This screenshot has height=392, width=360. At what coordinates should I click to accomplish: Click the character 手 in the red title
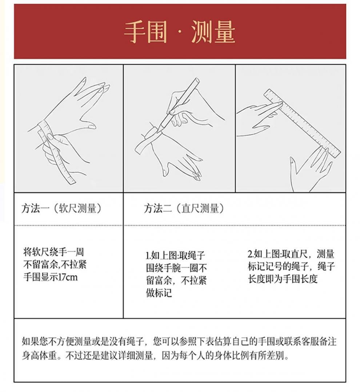click(x=135, y=32)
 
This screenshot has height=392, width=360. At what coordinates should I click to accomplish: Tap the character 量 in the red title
click(x=224, y=32)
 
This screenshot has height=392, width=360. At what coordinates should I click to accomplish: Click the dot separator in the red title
click(x=179, y=32)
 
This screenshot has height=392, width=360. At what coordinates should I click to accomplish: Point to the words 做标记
click(x=159, y=292)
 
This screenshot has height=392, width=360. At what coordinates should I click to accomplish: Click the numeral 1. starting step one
click(x=148, y=255)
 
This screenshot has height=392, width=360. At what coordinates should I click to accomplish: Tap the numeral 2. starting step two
click(x=251, y=254)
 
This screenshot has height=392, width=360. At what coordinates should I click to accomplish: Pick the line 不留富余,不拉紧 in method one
click(x=55, y=264)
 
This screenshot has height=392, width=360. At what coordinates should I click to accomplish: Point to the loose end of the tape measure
click(x=71, y=180)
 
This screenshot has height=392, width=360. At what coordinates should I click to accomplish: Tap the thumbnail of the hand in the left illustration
click(x=92, y=126)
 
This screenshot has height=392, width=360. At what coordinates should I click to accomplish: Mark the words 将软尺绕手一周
click(x=53, y=252)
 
